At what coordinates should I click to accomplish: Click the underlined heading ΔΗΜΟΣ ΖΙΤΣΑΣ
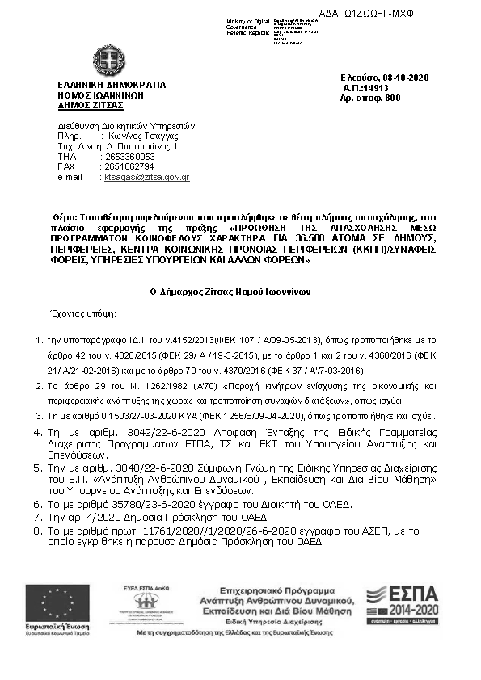[x=90, y=104]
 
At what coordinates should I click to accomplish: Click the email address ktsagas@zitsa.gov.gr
[x=146, y=176]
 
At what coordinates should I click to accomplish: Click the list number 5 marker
[x=36, y=468]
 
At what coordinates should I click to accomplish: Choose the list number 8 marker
[x=36, y=531]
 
